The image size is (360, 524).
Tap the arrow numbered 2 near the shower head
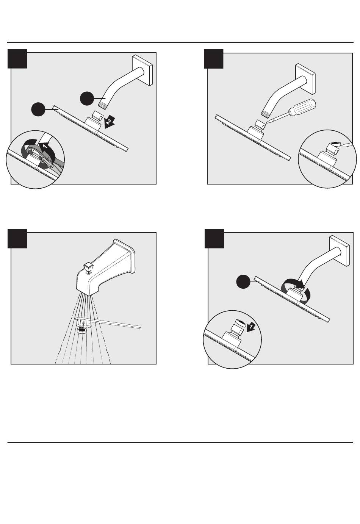[x=109, y=122]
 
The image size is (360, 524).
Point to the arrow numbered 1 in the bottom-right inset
[x=250, y=326]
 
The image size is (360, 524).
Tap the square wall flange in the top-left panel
[x=143, y=70]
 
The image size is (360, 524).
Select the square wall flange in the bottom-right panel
[x=340, y=250]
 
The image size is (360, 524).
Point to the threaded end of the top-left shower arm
[x=103, y=103]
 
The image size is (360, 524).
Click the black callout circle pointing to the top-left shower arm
[x=87, y=99]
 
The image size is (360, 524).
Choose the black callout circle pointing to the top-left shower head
[x=38, y=109]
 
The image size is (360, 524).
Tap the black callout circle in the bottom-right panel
[x=243, y=282]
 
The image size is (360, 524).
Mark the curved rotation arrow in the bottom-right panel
[x=296, y=291]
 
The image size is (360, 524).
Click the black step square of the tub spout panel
[x=17, y=238]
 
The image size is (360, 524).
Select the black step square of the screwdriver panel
[x=214, y=59]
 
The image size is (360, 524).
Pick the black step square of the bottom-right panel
[x=214, y=238]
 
